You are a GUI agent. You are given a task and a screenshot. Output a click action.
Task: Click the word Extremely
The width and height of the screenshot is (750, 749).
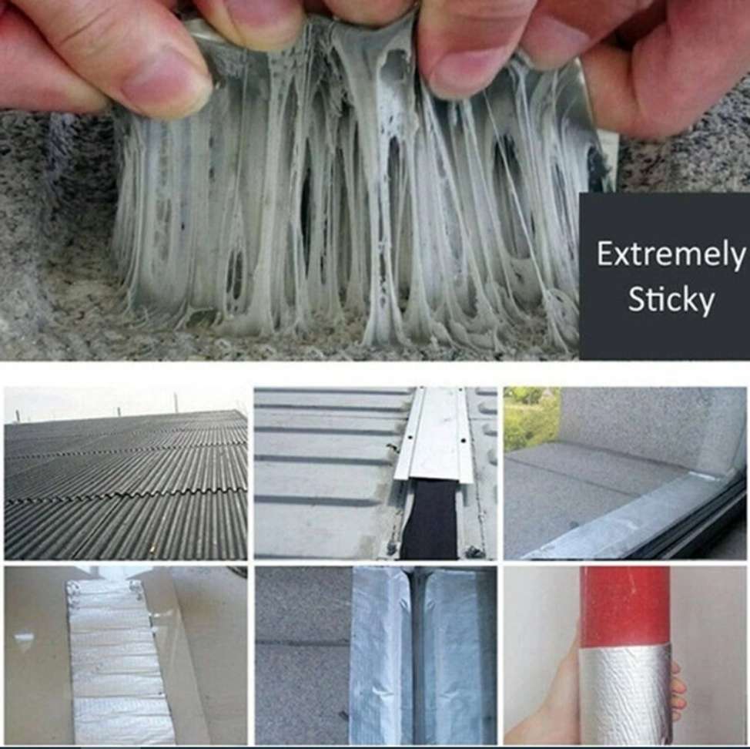(671, 255)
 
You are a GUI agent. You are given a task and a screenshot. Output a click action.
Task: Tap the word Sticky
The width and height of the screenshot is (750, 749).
(671, 300)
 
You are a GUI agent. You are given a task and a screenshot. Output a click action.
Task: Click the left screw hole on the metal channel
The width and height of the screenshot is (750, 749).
(411, 437)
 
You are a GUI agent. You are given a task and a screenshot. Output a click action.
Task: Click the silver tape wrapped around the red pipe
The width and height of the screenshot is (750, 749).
(624, 692)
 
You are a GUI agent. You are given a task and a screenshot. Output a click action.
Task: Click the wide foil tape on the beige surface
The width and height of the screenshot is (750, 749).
(115, 660)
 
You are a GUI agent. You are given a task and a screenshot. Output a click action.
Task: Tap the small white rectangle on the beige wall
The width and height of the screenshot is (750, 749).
(24, 639)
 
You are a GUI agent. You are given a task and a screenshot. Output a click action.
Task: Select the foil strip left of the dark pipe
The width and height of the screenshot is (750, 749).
(378, 656)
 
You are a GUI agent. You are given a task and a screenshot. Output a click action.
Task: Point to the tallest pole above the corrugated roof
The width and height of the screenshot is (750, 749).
(176, 402)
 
